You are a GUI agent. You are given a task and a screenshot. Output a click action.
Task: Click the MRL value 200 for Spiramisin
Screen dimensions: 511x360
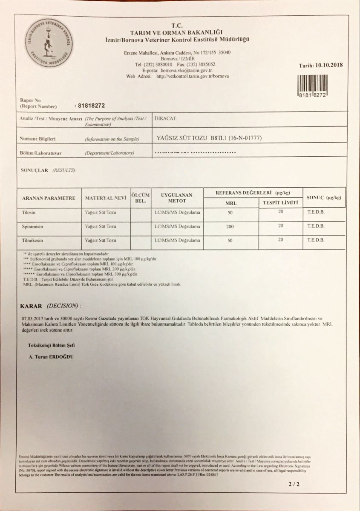point(230,227)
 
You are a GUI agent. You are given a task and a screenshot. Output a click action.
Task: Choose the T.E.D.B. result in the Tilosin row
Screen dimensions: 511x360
point(316,212)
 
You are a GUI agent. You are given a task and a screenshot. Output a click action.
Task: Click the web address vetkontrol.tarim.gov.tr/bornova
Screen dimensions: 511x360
point(193,77)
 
